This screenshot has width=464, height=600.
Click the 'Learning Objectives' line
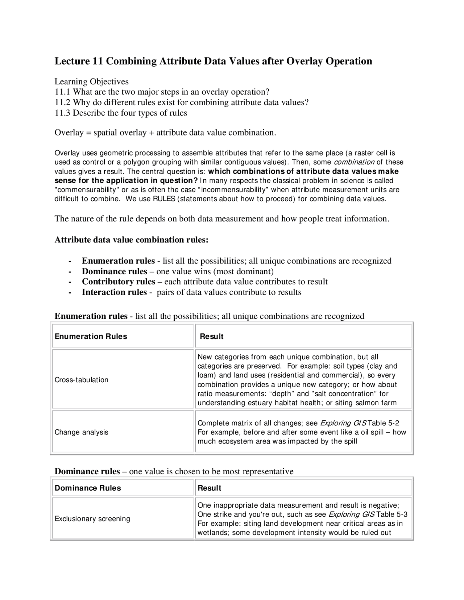(91, 82)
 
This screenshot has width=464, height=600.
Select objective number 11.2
(63, 102)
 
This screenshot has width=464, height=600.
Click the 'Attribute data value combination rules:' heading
(132, 239)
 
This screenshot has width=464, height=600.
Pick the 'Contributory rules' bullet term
(118, 282)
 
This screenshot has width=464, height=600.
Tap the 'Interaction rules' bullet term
(114, 292)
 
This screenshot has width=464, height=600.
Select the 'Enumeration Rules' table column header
(91, 336)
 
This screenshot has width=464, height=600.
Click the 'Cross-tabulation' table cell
(82, 380)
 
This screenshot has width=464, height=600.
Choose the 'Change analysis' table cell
(82, 432)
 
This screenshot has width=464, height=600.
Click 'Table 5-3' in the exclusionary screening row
(392, 514)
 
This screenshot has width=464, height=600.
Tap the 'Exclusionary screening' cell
(92, 518)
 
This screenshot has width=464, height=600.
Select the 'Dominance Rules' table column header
(88, 488)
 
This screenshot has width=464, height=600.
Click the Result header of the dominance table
(209, 488)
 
